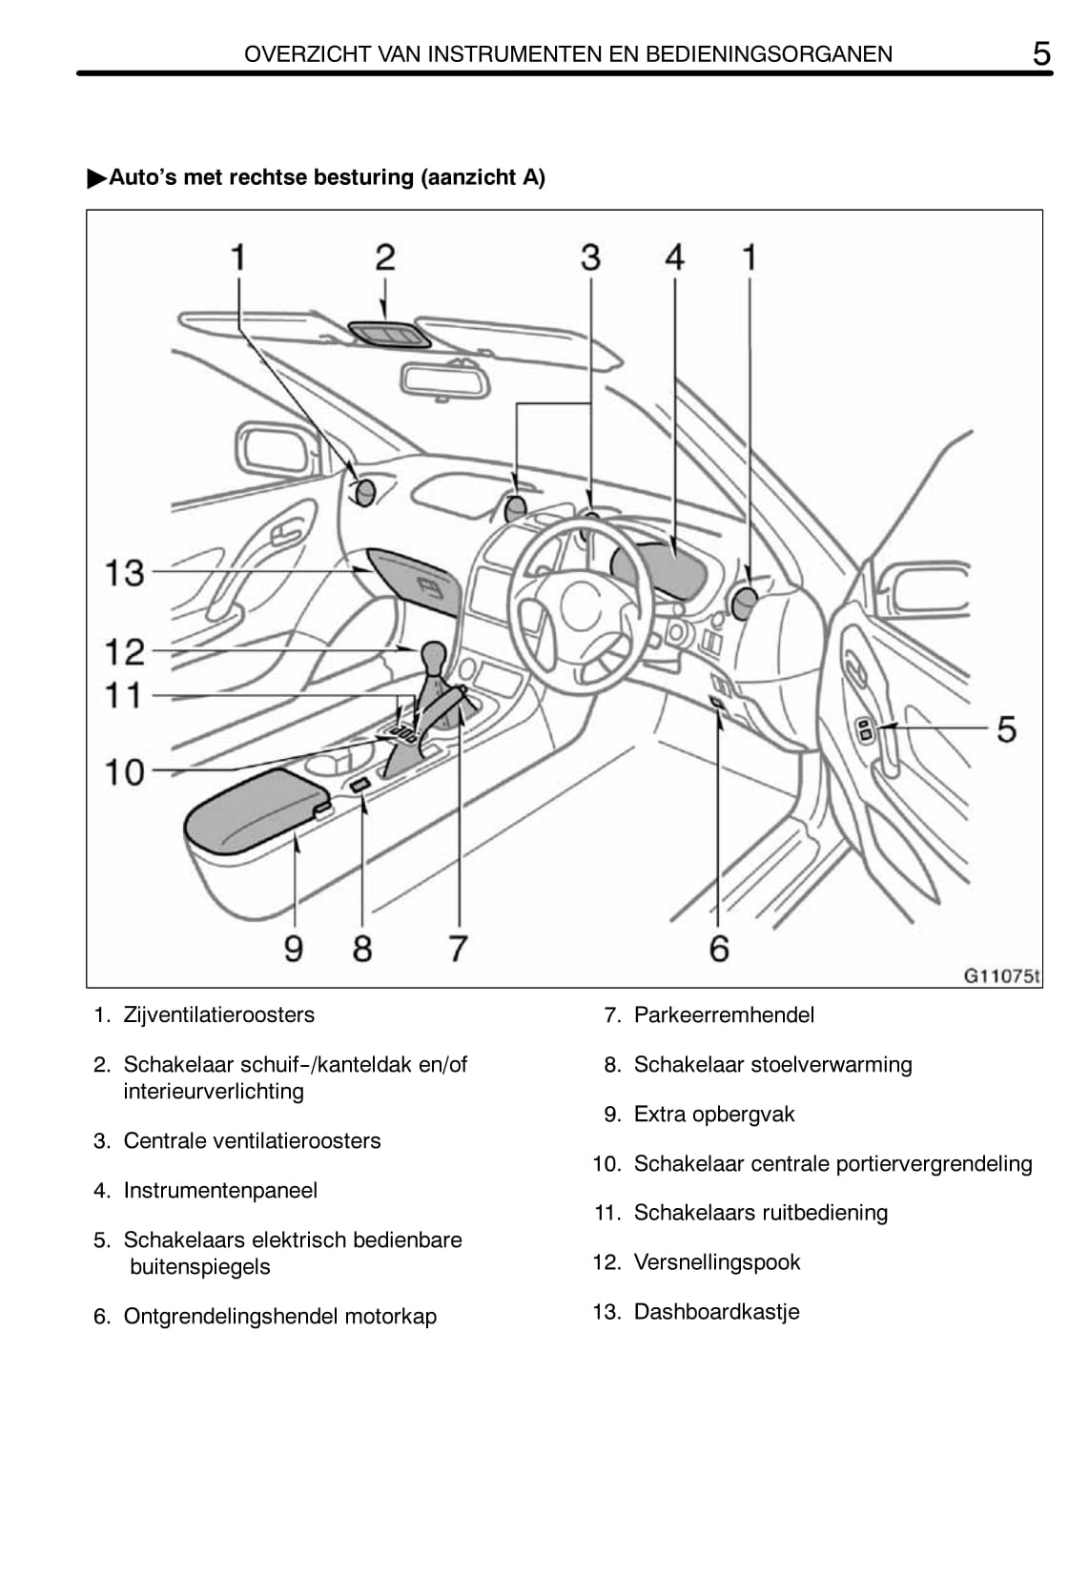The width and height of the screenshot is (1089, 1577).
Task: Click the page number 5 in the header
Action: [x=1041, y=53]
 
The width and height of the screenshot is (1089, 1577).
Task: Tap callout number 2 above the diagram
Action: [x=384, y=257]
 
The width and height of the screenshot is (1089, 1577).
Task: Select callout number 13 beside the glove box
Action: [x=124, y=572]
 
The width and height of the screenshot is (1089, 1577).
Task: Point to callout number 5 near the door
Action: [x=1006, y=728]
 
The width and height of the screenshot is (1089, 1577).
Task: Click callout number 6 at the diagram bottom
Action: [x=719, y=949]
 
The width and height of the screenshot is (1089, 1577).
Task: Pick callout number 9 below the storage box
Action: [x=294, y=949]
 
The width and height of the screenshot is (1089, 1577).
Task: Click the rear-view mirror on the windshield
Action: [x=444, y=379]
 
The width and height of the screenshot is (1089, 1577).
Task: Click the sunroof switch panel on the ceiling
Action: [x=388, y=334]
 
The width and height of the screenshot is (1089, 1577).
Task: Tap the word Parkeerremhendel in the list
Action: [x=724, y=1014]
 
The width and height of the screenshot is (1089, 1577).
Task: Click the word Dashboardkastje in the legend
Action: [x=716, y=1311]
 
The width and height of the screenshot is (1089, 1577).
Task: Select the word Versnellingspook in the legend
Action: [x=717, y=1261]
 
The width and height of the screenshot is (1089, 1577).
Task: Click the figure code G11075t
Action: [x=1001, y=975]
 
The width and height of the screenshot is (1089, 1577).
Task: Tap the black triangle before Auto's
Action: [x=96, y=178]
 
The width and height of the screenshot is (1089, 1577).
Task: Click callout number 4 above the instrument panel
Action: [x=674, y=257]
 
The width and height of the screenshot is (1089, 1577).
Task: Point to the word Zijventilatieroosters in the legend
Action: [x=218, y=1014]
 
